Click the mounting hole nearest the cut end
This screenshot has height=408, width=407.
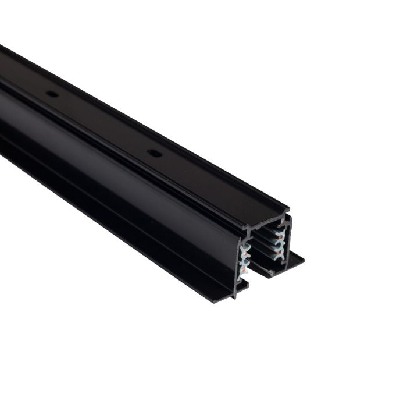pos(153,153)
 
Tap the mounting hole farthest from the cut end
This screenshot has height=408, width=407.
pos(52,93)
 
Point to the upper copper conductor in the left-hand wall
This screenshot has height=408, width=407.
pos(244,254)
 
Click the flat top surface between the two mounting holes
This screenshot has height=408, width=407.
pos(102,123)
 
